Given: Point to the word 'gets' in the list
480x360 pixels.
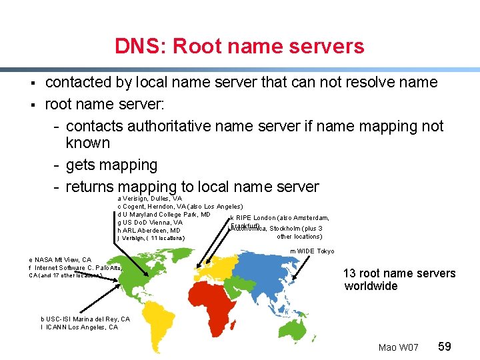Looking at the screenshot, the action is (x=83, y=165).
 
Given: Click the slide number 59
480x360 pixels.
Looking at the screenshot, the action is (x=445, y=347).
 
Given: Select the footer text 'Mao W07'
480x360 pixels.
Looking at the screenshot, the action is (x=398, y=347).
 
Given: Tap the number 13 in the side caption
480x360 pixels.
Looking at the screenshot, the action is (x=349, y=273).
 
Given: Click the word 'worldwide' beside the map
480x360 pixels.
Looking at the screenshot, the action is (x=371, y=286).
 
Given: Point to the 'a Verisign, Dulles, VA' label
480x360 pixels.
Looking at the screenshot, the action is (x=149, y=199).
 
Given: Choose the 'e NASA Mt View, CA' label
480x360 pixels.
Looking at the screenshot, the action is (x=60, y=259).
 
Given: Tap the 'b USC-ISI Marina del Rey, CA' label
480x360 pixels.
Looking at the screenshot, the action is (x=85, y=319).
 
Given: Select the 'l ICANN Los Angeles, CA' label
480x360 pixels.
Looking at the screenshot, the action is (x=79, y=327).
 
